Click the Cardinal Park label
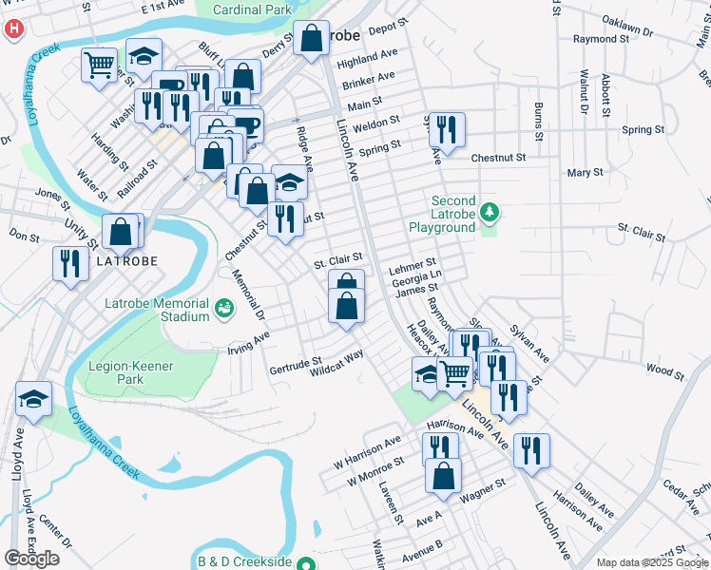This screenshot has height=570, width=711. [252, 9]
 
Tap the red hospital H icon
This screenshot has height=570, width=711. [13, 28]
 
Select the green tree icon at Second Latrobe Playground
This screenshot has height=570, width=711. [489, 211]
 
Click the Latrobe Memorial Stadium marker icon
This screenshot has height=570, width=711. [223, 307]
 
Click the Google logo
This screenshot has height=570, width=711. [31, 559]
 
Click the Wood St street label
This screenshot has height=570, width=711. [664, 369]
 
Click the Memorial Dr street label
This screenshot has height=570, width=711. [250, 295]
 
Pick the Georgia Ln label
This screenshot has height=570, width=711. [416, 277]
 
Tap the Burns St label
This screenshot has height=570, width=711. [538, 122]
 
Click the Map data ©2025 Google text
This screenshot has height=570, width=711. [652, 562]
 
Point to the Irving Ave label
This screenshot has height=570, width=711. [249, 341]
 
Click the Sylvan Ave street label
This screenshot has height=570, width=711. [529, 342]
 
